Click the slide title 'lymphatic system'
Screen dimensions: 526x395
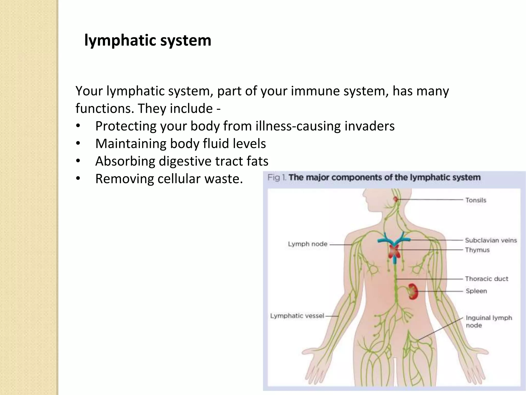coord(148,41)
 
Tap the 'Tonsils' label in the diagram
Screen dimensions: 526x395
coord(476,200)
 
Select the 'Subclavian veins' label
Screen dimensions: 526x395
coord(491,240)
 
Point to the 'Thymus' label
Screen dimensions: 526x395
coord(477,250)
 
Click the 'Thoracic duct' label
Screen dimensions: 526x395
coord(486,279)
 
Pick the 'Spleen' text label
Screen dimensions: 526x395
coord(476,291)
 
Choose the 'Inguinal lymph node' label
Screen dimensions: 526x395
coord(489,321)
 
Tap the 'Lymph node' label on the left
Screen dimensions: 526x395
coord(307,244)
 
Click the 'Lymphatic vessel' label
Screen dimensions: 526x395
coord(297,316)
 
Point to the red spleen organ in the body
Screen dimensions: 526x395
coord(413,291)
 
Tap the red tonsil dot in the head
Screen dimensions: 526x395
coord(396,199)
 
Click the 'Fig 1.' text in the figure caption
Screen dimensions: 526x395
coord(277,177)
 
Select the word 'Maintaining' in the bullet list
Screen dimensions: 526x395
coord(131,143)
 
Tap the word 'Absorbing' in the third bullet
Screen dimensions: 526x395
coord(125,161)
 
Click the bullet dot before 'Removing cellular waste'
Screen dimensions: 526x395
coord(78,178)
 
